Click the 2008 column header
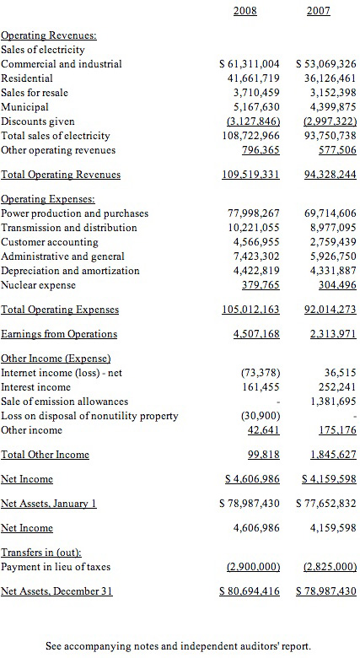coord(245,11)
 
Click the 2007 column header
coord(318,11)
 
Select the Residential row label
coord(27,78)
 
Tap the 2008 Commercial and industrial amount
coord(250,64)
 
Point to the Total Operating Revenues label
coord(61,175)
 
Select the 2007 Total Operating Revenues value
coord(330,175)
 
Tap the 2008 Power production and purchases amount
coord(254,213)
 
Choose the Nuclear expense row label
coord(38,285)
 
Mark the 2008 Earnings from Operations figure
coord(256,334)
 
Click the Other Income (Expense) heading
coord(56,359)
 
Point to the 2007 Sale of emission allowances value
coord(333,402)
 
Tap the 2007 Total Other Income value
coord(333,455)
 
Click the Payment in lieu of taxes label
coord(56,567)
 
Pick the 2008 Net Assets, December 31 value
coord(250,591)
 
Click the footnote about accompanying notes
coord(179,646)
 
